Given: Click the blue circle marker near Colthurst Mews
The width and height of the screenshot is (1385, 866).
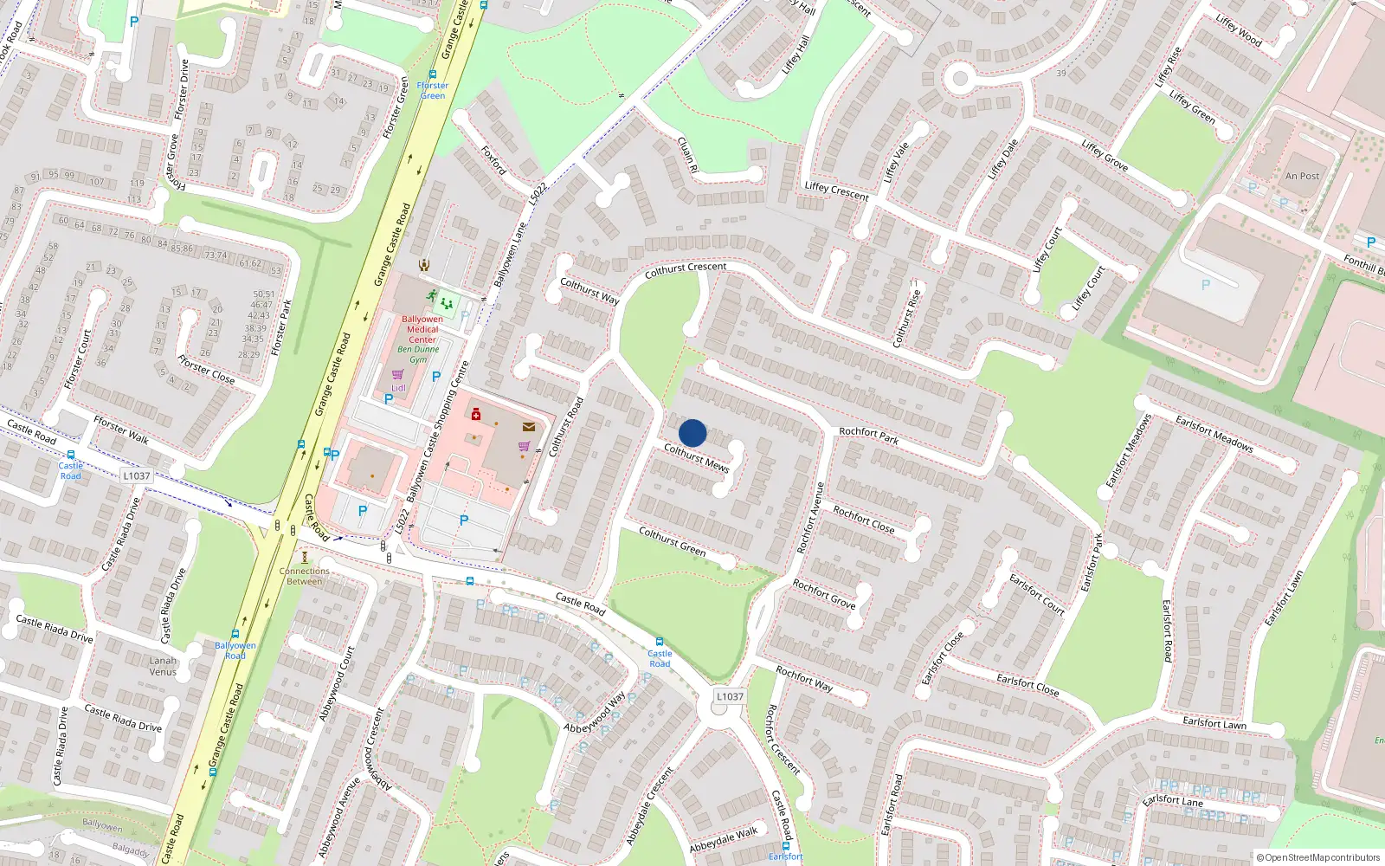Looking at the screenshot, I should pyautogui.click(x=692, y=433).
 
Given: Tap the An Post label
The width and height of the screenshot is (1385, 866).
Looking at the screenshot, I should pyautogui.click(x=1302, y=176).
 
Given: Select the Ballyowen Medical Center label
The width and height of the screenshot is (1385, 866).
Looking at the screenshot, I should pyautogui.click(x=422, y=329).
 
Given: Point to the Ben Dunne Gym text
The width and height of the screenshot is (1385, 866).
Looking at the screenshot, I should pyautogui.click(x=419, y=354).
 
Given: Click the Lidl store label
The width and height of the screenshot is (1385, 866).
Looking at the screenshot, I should pyautogui.click(x=398, y=388).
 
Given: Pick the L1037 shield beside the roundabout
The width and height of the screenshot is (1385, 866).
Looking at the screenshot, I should pyautogui.click(x=730, y=696).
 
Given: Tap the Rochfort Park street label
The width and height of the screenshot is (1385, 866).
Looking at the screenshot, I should pyautogui.click(x=868, y=436).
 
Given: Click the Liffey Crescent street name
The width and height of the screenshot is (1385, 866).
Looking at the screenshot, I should pyautogui.click(x=836, y=191).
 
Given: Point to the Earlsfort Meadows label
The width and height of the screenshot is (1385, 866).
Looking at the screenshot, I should pyautogui.click(x=1214, y=433).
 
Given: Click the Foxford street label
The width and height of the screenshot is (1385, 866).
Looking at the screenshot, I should pyautogui.click(x=493, y=160).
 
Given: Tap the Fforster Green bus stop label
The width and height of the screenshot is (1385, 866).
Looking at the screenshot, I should pyautogui.click(x=433, y=90).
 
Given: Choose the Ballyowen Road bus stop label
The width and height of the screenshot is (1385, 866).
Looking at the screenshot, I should pyautogui.click(x=235, y=650).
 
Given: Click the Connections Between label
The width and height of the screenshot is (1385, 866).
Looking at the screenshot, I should pyautogui.click(x=305, y=576).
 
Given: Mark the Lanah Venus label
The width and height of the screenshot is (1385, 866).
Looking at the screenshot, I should pyautogui.click(x=163, y=666).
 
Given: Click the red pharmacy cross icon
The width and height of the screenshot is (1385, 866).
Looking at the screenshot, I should pyautogui.click(x=476, y=415).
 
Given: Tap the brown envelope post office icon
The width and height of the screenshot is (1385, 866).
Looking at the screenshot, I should pyautogui.click(x=529, y=427).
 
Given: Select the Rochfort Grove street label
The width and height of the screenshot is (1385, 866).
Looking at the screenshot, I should pyautogui.click(x=824, y=594).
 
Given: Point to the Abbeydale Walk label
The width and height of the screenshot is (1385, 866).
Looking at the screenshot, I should pyautogui.click(x=724, y=839).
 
